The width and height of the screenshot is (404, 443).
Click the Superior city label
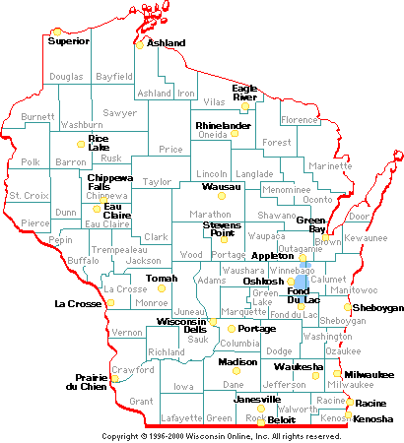[x=69, y=41]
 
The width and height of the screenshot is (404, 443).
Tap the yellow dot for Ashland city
[x=140, y=43]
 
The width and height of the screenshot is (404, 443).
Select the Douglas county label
[x=66, y=76]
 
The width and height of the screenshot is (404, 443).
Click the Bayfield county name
[x=114, y=76]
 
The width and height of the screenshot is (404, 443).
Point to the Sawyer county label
[x=120, y=113]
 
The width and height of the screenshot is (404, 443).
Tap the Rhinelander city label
[x=223, y=126]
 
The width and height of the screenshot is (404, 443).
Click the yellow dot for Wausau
[x=222, y=195]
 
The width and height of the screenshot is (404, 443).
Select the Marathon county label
[x=209, y=214]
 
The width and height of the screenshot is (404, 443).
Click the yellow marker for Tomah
[x=162, y=288]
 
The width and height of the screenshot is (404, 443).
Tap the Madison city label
[x=237, y=362]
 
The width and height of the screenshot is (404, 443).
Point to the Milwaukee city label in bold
[x=369, y=374]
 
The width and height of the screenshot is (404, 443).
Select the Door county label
[x=359, y=216]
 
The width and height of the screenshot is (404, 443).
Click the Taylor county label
[x=157, y=182]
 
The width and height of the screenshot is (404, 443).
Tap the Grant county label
[x=141, y=402]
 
